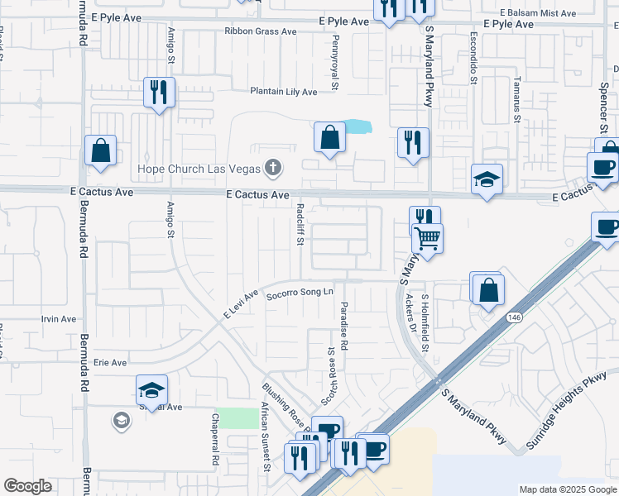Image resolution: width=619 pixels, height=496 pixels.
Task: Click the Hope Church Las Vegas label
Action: [x=197, y=169]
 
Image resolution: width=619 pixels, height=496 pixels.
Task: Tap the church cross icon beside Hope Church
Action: [x=273, y=169]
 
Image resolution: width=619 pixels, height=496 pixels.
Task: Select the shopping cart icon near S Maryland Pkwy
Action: [x=428, y=239]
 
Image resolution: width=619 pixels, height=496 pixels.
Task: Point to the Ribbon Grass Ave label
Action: [x=260, y=31]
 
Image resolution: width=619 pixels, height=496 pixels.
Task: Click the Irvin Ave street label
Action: [x=58, y=319]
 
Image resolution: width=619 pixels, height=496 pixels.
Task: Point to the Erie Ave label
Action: [x=109, y=362]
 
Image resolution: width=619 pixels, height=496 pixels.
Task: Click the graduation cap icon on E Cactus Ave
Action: [x=487, y=179]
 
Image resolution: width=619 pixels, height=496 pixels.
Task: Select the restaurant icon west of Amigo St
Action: [x=159, y=92]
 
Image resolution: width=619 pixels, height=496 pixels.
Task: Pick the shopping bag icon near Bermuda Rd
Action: [x=100, y=150]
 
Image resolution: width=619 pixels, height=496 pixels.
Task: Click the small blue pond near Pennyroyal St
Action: [x=357, y=127]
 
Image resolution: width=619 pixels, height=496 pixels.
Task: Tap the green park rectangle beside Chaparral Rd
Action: [x=238, y=417]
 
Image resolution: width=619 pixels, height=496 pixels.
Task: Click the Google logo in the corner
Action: [x=27, y=486]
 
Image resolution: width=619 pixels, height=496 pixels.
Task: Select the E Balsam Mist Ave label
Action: [x=539, y=13]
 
